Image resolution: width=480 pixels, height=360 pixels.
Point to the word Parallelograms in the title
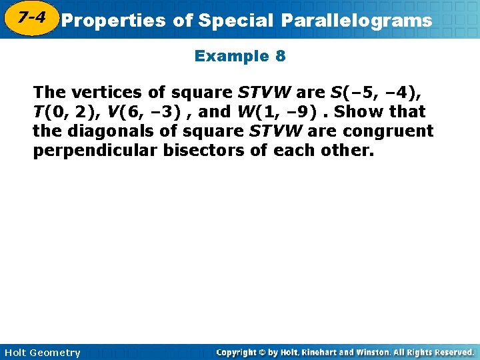(356, 21)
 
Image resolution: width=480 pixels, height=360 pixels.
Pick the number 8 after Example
(280, 57)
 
